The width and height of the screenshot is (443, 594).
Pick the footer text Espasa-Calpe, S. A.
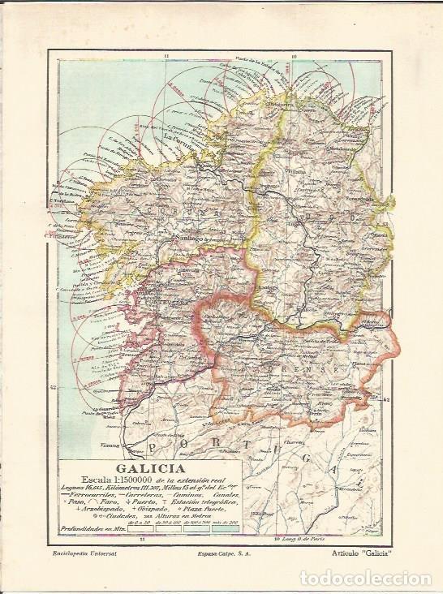tap(221, 554)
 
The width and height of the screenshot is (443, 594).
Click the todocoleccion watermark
tap(368, 578)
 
